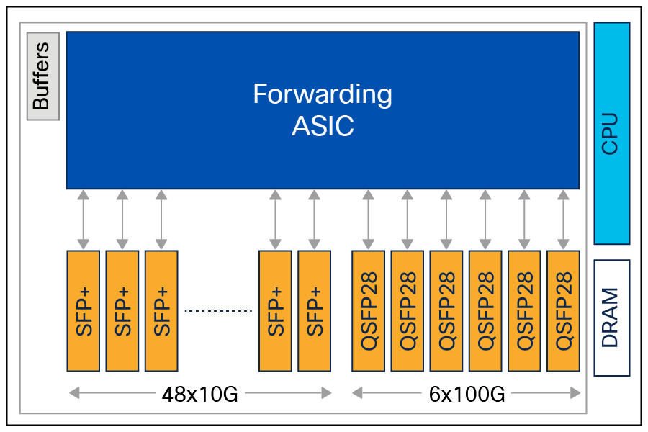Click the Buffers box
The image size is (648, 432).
(x=42, y=76)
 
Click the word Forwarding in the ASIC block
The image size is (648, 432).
(x=323, y=94)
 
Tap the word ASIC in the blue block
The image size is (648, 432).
(x=323, y=126)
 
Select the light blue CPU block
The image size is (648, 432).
(x=611, y=133)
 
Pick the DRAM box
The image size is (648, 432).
(x=611, y=318)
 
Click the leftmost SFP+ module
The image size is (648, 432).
(x=83, y=311)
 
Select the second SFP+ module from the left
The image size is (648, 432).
(x=122, y=311)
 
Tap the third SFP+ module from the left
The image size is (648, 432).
(x=161, y=311)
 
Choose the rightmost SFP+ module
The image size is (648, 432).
(x=314, y=311)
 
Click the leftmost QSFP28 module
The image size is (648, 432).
(x=369, y=311)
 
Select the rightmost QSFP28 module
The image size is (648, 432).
(x=563, y=311)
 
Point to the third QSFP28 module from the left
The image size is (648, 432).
(x=446, y=311)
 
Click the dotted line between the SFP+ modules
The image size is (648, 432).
(x=218, y=311)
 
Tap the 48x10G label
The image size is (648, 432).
(x=199, y=394)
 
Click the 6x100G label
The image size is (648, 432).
(x=467, y=394)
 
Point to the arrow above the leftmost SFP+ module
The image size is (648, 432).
(x=83, y=220)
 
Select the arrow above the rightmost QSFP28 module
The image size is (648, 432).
(x=563, y=220)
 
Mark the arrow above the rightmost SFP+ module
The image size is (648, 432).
(x=314, y=220)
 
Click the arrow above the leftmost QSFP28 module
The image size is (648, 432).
(x=369, y=220)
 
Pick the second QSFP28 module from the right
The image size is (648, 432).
(x=524, y=311)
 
